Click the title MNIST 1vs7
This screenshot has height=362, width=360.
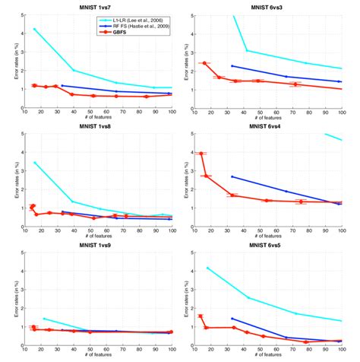click(99, 7)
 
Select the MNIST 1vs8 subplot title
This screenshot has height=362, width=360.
click(99, 127)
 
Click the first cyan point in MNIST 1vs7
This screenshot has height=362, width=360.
click(34, 29)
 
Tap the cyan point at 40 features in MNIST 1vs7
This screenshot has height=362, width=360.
click(73, 70)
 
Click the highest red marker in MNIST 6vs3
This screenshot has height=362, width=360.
click(205, 63)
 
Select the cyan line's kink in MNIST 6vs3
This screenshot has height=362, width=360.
click(247, 51)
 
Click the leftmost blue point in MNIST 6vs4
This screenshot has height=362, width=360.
click(232, 176)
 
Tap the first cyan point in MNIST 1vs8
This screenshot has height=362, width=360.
click(34, 162)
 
